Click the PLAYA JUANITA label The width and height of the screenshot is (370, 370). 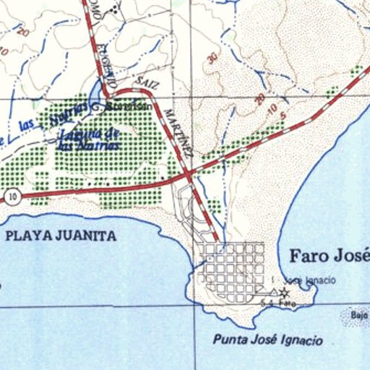60,235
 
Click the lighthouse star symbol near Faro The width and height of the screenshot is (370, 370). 284,293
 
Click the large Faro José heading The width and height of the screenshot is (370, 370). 329,256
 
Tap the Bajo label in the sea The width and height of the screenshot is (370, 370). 359,315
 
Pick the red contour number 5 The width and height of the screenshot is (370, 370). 284,116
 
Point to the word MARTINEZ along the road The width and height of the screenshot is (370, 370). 178,133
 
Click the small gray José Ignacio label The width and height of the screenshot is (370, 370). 302,280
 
